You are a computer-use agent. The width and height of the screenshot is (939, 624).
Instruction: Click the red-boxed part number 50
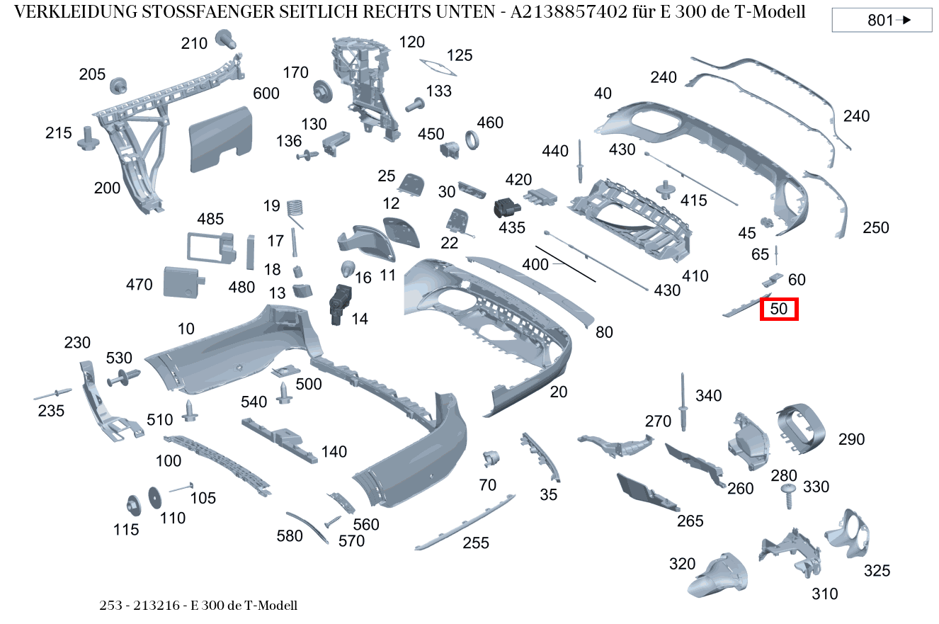[x=779, y=310]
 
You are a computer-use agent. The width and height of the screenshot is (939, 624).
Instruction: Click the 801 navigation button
[x=881, y=21]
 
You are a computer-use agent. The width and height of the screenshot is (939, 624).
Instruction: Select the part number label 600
[x=266, y=93]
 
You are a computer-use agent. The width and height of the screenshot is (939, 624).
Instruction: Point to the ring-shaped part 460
[x=472, y=140]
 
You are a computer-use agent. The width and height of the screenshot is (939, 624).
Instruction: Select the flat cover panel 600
[x=220, y=140]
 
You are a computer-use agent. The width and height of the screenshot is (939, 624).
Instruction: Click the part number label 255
[x=476, y=543]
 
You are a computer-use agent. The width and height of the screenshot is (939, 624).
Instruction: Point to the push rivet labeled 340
[x=684, y=403]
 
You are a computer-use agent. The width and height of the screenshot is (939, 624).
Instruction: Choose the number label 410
[x=695, y=276]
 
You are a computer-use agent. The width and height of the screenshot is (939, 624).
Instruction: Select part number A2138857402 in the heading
[x=577, y=13]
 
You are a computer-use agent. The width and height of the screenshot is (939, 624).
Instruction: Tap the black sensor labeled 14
[x=339, y=303]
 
